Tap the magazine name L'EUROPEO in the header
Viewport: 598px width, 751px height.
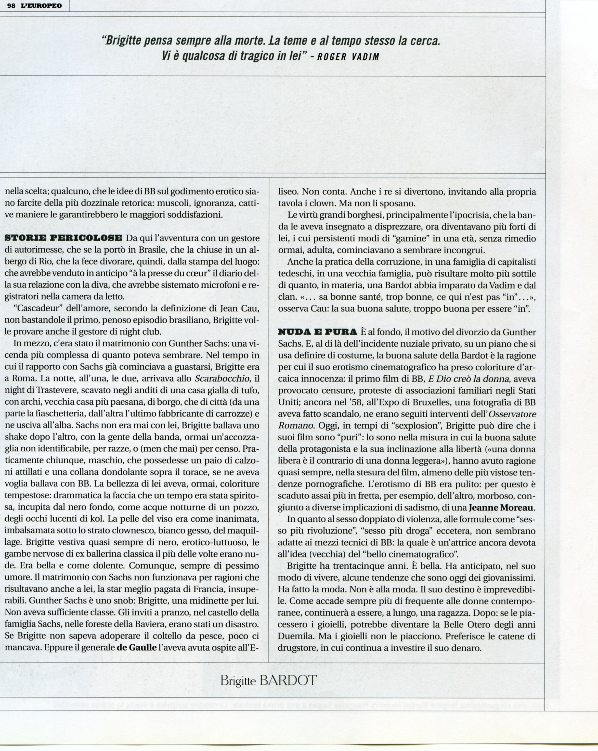coord(42,6)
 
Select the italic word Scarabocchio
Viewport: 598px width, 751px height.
coord(223,379)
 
